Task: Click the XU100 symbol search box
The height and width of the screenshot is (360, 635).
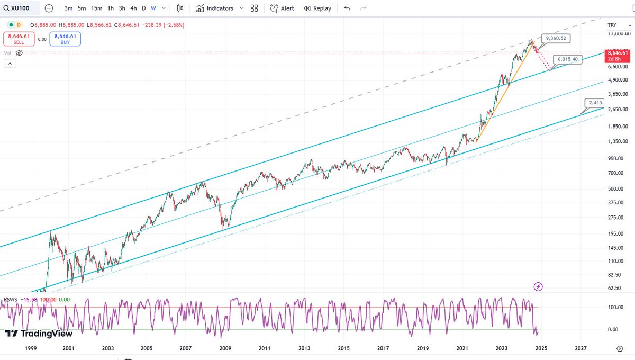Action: tap(21, 8)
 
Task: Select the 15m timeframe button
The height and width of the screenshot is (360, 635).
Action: tap(96, 8)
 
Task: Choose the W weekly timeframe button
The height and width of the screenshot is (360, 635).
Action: tap(153, 8)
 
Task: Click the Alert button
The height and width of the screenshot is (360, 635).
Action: tap(282, 8)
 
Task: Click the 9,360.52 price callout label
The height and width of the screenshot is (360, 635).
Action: tap(556, 39)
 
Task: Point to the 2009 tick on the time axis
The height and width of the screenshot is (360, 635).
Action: tap(225, 348)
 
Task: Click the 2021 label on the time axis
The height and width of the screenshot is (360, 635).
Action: tap(462, 348)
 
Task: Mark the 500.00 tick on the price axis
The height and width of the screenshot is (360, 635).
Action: tap(614, 188)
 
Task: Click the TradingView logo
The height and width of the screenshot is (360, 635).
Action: tap(39, 334)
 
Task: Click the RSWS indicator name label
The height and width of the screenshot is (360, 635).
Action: tap(11, 299)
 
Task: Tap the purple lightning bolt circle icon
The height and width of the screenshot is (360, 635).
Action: tap(538, 286)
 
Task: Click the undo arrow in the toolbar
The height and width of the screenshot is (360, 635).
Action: tap(347, 8)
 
